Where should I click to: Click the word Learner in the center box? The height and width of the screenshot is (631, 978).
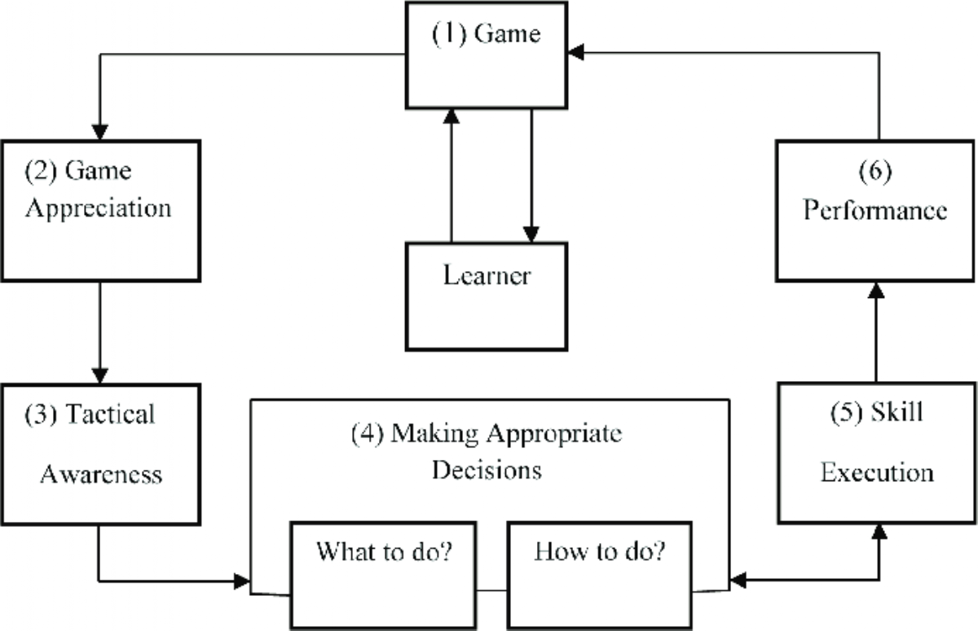click(487, 275)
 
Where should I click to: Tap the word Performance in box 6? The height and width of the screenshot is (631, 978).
click(875, 211)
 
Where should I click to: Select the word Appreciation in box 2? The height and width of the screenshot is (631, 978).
click(99, 209)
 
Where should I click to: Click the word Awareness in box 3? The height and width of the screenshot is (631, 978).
click(101, 475)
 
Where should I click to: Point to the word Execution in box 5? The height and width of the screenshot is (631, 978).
click(877, 472)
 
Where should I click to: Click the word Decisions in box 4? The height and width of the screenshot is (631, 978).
click(487, 470)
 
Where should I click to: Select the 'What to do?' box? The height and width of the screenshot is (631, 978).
click(383, 576)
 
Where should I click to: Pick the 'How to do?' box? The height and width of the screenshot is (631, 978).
click(600, 576)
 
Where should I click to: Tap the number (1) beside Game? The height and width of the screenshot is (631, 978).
click(449, 34)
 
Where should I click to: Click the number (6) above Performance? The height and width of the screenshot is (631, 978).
click(875, 171)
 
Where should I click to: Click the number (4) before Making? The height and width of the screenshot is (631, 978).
click(368, 434)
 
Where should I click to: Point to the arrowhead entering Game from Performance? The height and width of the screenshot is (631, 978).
click(575, 52)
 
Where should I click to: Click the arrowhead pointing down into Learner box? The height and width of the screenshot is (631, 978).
click(531, 234)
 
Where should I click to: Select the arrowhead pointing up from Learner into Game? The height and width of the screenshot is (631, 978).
click(451, 116)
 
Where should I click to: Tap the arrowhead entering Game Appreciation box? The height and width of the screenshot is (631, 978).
click(100, 133)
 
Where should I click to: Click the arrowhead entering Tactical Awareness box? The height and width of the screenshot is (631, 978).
click(100, 376)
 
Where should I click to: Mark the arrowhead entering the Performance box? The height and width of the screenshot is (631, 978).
click(876, 290)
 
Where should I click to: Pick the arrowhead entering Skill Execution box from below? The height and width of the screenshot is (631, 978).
click(879, 531)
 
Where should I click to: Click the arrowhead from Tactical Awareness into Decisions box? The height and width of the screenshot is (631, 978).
click(242, 581)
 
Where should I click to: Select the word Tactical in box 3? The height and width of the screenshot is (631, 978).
click(110, 414)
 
